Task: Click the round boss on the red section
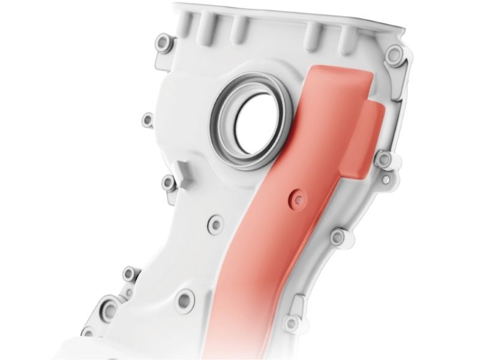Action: coord(295,199)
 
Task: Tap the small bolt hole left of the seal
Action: coord(147,120)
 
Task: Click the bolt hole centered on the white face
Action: coord(214,224)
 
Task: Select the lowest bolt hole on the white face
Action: coord(185,298)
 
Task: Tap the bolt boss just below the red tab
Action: coord(382,159)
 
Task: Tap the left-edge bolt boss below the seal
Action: coord(168,182)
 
